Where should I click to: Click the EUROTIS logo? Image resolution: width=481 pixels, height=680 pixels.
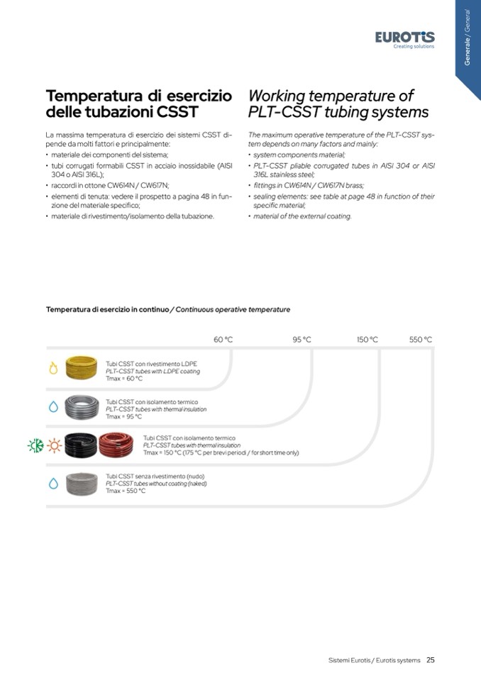point(404,38)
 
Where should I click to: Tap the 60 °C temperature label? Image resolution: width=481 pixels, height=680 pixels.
point(223,340)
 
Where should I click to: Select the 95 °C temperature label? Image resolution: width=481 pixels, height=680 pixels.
point(302,340)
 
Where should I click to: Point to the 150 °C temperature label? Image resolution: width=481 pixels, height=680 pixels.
point(367,340)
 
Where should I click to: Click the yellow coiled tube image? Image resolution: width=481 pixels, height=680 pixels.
point(81,367)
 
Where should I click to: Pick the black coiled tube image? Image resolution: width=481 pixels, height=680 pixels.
point(79,445)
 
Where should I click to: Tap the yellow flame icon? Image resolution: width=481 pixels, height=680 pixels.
point(53,369)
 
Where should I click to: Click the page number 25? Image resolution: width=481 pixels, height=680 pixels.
point(431,660)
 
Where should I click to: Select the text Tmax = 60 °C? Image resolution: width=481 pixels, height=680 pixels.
point(124,379)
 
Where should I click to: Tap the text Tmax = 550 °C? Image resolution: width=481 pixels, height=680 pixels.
point(126,491)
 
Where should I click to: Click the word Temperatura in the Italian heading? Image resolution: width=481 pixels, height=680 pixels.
point(95,96)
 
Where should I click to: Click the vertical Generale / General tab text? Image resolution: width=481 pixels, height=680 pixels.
point(467,38)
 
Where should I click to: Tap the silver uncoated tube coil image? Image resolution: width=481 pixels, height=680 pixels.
point(81,484)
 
